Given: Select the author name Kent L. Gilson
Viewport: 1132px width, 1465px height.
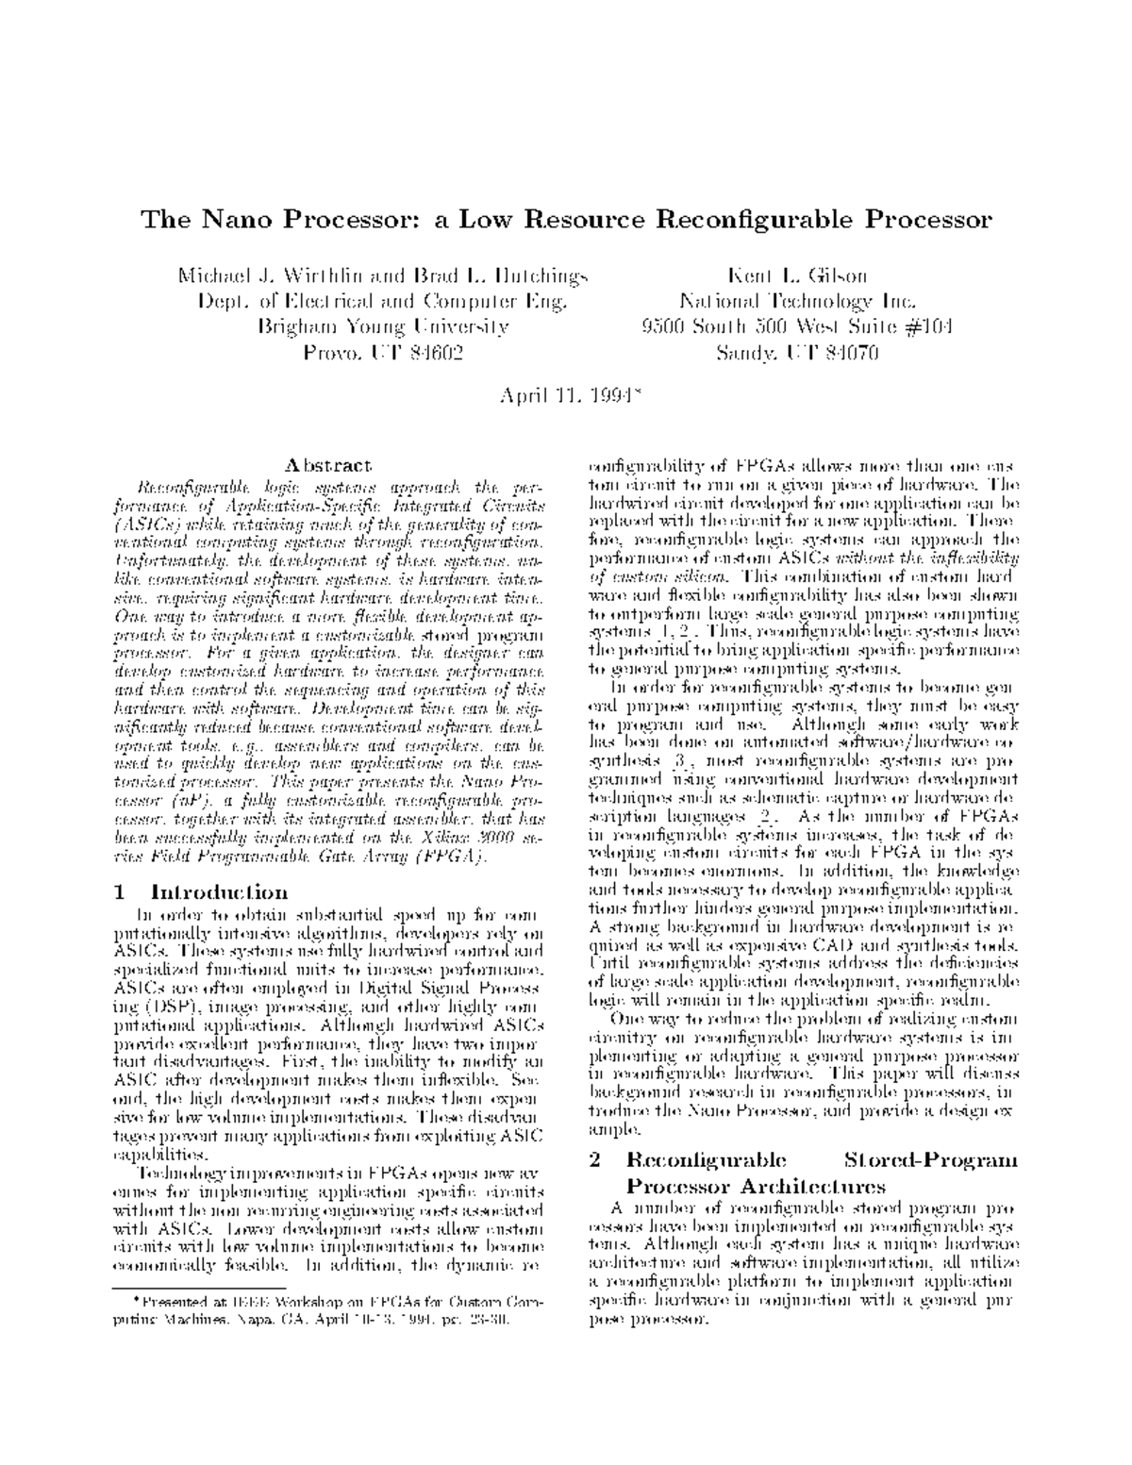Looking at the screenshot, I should point(796,276).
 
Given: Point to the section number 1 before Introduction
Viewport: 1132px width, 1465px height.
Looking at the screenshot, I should point(119,892).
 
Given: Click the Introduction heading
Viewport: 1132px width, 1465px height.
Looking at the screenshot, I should point(220,892).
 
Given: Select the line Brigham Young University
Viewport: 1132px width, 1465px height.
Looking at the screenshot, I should point(383,327).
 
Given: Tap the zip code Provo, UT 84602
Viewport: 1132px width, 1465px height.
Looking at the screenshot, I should point(383,353).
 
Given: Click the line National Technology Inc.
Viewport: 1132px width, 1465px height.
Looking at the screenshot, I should point(796,302).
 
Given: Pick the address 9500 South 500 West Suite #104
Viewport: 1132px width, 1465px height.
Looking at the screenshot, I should point(796,327).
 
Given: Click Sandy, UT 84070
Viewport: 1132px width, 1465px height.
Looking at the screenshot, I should point(796,353).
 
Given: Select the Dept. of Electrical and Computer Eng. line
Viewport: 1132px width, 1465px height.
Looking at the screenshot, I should point(383,302).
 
